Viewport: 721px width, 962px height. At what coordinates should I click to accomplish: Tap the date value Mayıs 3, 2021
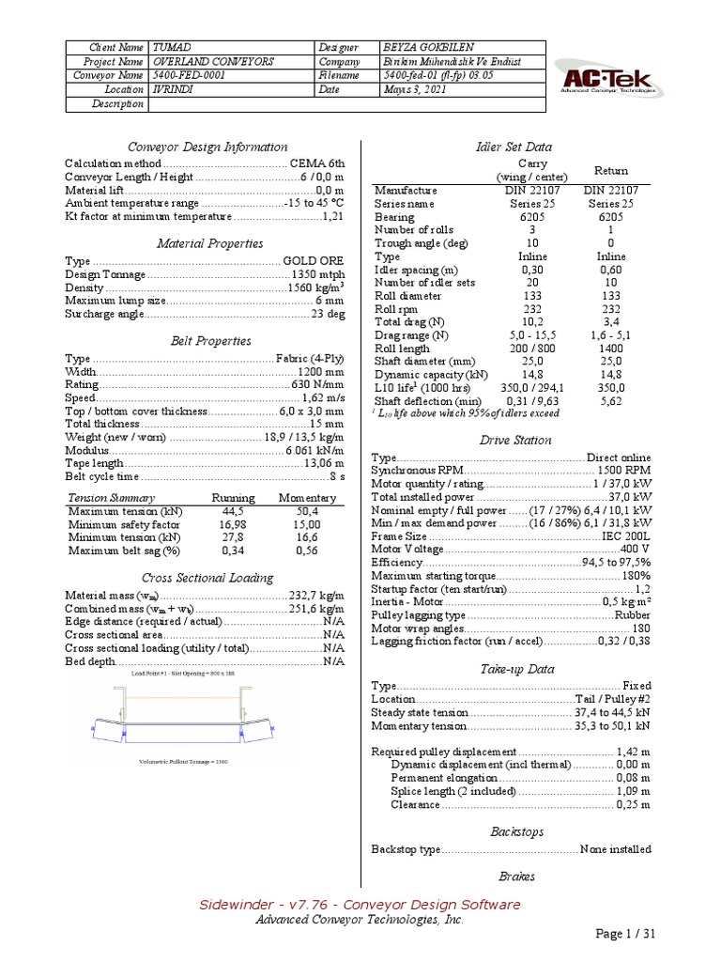pyautogui.click(x=410, y=89)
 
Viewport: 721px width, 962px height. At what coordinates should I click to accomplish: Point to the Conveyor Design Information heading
pyautogui.click(x=207, y=147)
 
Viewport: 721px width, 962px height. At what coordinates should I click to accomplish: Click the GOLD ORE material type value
pyautogui.click(x=313, y=260)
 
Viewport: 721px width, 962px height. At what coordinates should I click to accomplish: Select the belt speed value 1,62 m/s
pyautogui.click(x=320, y=398)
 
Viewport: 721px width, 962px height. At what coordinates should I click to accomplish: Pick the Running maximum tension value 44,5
pyautogui.click(x=233, y=511)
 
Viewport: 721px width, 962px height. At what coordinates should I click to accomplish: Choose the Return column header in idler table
pyautogui.click(x=611, y=170)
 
